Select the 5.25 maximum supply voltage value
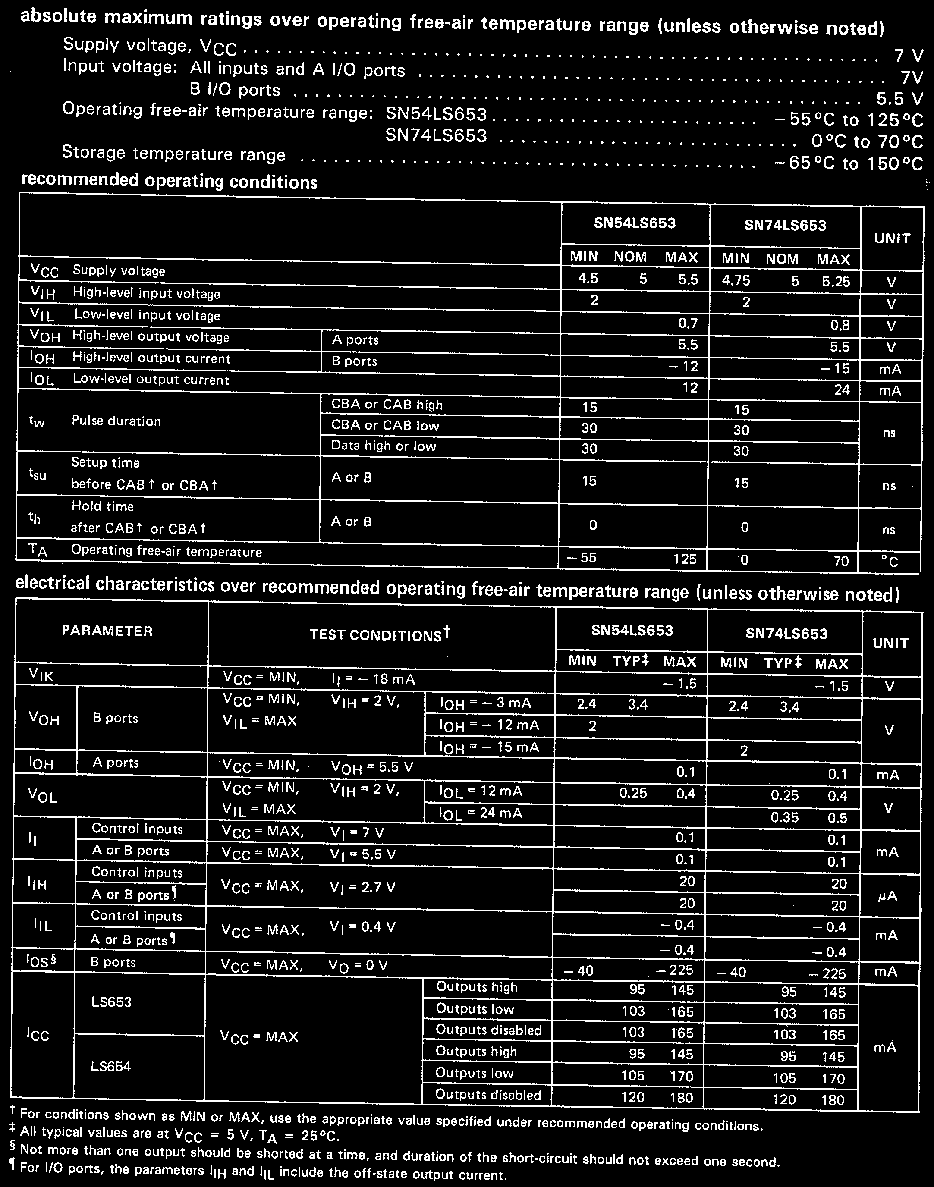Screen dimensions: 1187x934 pos(836,282)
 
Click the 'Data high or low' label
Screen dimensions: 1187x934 pos(384,446)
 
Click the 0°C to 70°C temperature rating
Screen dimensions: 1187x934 pos(867,141)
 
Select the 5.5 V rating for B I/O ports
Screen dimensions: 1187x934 pos(899,98)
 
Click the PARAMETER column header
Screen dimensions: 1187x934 pos(107,631)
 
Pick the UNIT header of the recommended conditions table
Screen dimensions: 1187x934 pos(892,239)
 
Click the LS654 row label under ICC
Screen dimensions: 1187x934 pos(111,1066)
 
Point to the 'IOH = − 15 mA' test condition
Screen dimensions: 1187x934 pos(489,747)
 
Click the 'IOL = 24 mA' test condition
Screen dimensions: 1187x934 pos(481,813)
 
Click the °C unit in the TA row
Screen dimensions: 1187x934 pos(890,562)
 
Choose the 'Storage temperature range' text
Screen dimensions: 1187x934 pos(173,153)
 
